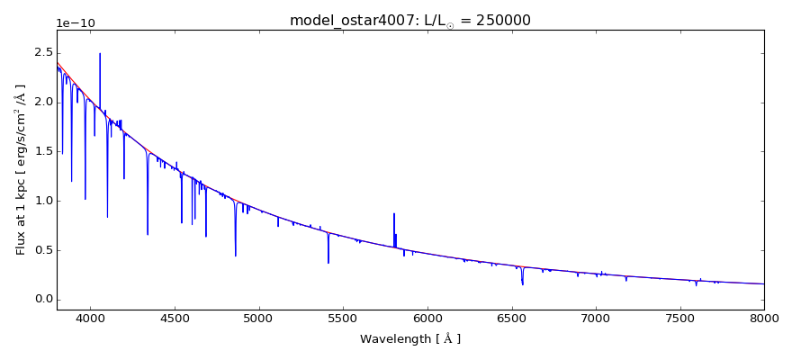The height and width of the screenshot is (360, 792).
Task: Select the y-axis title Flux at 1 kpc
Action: pos(21,169)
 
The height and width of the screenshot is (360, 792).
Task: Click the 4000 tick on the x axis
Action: pos(90,318)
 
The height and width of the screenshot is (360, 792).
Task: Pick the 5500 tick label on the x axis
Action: pos(343,318)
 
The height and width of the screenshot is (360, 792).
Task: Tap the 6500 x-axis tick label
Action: pos(511,318)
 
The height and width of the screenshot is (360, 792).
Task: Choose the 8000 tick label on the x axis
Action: pos(764,318)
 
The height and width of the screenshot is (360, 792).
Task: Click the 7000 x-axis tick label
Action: pos(596,318)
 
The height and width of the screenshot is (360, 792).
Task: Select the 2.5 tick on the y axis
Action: pos(43,53)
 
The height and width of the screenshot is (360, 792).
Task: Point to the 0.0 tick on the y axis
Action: pos(43,300)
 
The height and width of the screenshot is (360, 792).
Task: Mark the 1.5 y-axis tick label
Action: pos(43,151)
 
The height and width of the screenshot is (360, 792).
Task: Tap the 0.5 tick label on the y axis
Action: pos(43,250)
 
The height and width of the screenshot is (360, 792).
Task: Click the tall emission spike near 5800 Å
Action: pos(394,214)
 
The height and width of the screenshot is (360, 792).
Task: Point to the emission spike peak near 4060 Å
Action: pos(100,54)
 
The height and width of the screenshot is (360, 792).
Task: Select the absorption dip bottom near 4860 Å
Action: pos(236,256)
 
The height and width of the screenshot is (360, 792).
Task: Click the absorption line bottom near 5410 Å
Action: pos(328,263)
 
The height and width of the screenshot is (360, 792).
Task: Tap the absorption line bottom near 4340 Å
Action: pos(148,234)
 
